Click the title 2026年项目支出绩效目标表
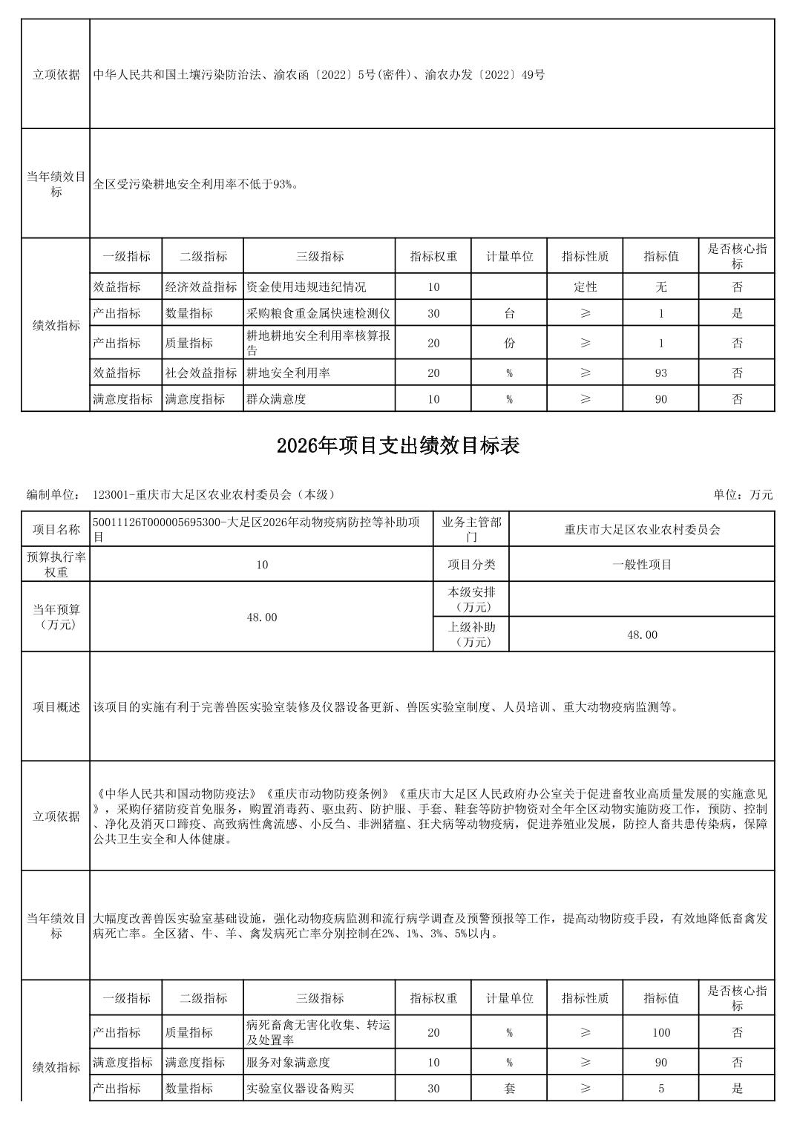pos(398,445)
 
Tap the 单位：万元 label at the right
pos(743,494)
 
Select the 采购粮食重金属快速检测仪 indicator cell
pos(318,313)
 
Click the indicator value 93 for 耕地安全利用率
pos(660,373)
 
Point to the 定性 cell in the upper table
pos(585,286)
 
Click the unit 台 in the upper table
pos(509,313)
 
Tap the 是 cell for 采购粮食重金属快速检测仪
pos(737,313)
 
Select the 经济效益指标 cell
pos(201,286)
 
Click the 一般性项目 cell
pos(642,564)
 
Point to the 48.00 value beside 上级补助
pos(642,634)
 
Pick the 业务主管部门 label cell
pos(471,529)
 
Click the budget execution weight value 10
pos(261,564)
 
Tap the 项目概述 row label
pos(56,706)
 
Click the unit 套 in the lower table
pos(509,1089)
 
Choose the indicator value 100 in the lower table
pos(660,1032)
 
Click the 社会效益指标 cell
pos(201,373)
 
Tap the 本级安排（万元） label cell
pos(471,600)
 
